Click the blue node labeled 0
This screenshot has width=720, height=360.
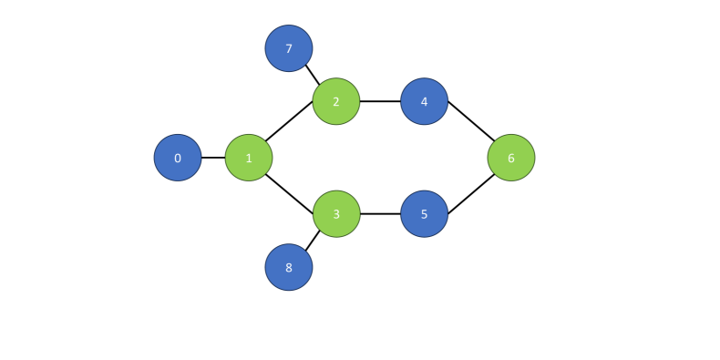point(178,158)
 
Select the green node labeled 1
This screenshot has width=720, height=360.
point(249,158)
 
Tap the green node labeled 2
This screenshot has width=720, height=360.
point(336,101)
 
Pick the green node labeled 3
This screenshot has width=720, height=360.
point(336,214)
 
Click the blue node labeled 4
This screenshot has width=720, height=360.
point(424,101)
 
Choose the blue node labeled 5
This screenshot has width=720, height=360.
point(424,214)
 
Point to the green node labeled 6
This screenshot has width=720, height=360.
point(511,158)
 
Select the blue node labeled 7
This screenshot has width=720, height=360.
point(289,48)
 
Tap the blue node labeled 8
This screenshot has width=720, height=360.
point(289,267)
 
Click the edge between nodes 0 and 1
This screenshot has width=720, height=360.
point(213,158)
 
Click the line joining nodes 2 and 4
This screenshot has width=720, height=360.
point(380,101)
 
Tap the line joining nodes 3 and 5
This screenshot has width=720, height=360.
point(380,214)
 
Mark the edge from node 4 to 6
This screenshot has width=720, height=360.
point(468,129)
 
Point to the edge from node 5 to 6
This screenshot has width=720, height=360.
point(468,187)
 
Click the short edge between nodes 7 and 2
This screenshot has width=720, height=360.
point(313,73)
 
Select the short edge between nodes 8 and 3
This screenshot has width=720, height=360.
point(313,241)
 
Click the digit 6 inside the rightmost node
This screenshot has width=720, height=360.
point(511,158)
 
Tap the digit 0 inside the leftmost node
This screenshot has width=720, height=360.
point(178,158)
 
